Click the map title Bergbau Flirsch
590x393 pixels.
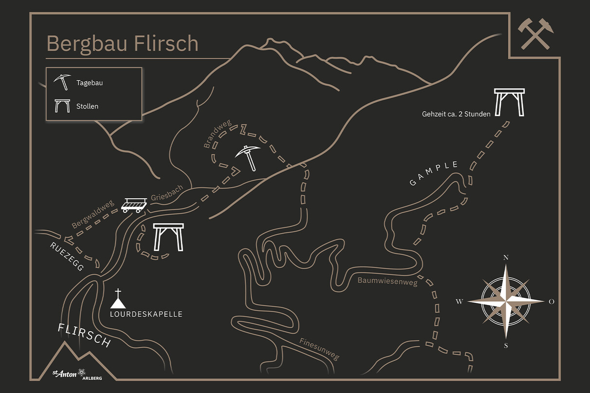[122, 43]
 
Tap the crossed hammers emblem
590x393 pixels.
[535, 34]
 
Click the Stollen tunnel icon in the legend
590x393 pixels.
[62, 106]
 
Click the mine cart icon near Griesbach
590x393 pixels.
[134, 205]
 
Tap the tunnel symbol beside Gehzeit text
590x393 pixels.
[509, 102]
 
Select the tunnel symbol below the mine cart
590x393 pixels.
[168, 237]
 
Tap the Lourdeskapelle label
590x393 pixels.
[146, 314]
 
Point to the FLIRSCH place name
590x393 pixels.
[84, 335]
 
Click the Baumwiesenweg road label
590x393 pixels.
[387, 281]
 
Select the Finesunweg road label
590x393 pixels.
[319, 349]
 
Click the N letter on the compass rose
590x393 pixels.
[506, 258]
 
